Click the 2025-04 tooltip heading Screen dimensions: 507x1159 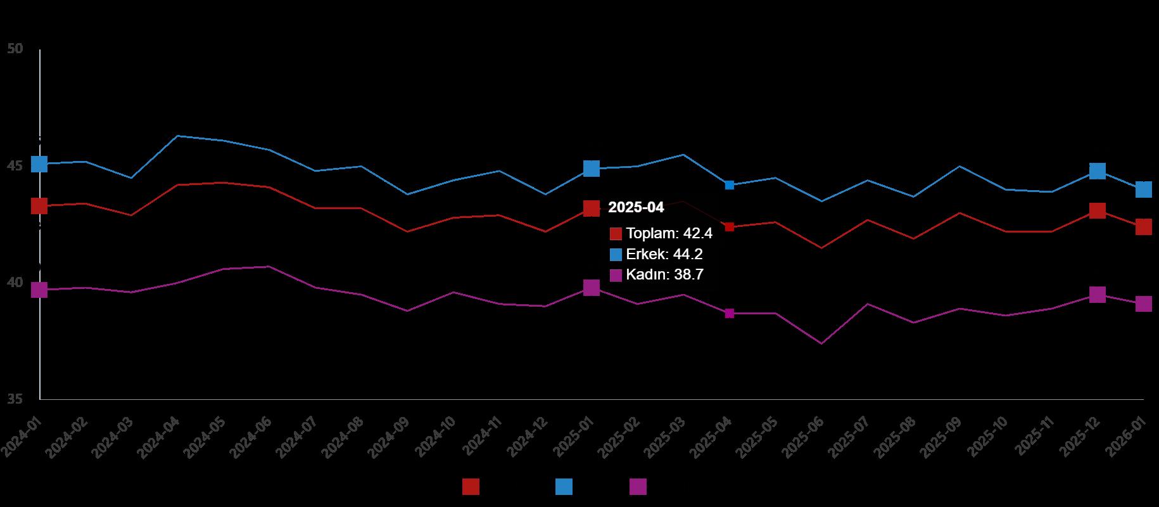click(636, 207)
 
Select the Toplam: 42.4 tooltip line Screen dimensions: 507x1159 click(669, 233)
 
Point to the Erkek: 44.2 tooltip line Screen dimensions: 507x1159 click(664, 254)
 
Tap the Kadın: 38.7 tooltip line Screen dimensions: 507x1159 click(664, 274)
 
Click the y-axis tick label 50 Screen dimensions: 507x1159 click(15, 49)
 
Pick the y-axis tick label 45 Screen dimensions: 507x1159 click(15, 165)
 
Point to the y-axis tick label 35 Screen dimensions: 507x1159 click(15, 399)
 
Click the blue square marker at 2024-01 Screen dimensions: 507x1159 click(39, 164)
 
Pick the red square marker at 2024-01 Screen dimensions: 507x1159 click(39, 206)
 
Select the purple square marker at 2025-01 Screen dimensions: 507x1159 click(591, 288)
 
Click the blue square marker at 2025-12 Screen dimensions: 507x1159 click(1098, 171)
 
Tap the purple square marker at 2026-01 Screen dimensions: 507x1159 click(1143, 304)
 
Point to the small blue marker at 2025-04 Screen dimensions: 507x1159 click(730, 185)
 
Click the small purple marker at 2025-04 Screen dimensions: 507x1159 click(730, 314)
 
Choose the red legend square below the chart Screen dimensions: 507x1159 click(471, 487)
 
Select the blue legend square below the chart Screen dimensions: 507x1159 click(564, 487)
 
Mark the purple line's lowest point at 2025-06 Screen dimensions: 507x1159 click(821, 343)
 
